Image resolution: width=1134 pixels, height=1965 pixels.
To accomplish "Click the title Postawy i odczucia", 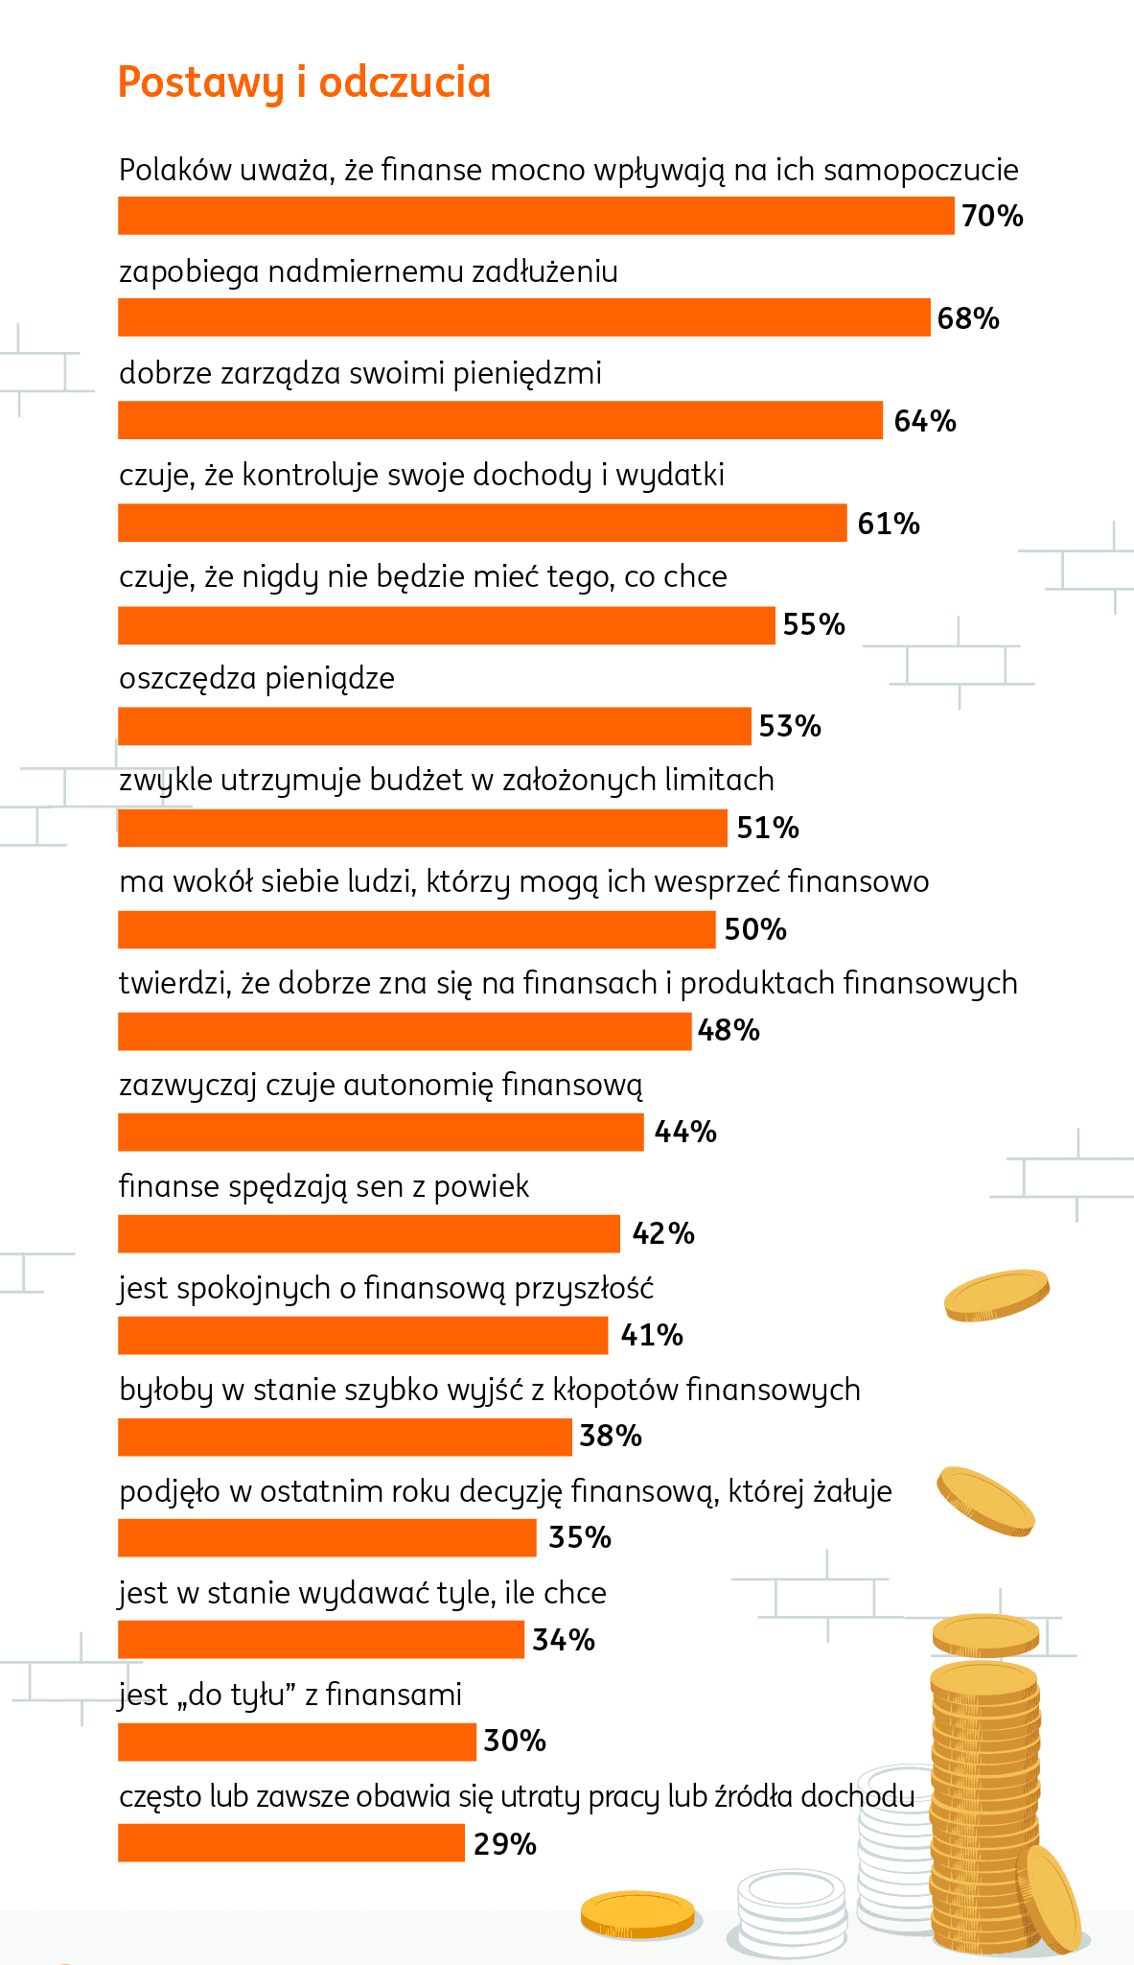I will (x=304, y=82).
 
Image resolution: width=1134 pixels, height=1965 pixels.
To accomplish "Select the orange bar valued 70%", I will (x=536, y=216).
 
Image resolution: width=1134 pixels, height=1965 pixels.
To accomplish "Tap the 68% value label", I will (x=968, y=318).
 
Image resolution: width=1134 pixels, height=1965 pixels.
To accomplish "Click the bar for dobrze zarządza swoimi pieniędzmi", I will (x=499, y=421).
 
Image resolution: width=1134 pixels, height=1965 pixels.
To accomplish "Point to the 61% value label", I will (x=889, y=524).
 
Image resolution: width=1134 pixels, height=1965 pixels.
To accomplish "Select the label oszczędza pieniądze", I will (x=257, y=679).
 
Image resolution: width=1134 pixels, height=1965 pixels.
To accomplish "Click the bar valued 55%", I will (x=446, y=625).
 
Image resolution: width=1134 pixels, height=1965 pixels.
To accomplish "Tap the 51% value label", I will (x=768, y=828).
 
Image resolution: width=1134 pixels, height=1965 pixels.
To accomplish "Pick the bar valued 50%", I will (x=416, y=929).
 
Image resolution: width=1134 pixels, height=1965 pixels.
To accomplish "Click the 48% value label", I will (x=729, y=1031).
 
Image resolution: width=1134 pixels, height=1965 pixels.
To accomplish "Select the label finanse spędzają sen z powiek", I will (x=324, y=1187).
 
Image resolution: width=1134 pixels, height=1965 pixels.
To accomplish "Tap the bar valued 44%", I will (x=381, y=1133).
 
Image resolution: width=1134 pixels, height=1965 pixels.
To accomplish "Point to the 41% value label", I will (x=652, y=1335).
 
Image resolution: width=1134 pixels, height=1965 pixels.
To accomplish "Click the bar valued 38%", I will (x=345, y=1438).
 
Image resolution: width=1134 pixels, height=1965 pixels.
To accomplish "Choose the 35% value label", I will (x=580, y=1538).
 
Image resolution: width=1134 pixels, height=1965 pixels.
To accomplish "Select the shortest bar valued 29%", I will (x=291, y=1844).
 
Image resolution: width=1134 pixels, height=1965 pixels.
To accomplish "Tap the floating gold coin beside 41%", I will (x=997, y=1295).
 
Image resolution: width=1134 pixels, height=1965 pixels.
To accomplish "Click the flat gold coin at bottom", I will (x=638, y=1913).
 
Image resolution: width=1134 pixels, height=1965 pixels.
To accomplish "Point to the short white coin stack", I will (x=792, y=1911).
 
